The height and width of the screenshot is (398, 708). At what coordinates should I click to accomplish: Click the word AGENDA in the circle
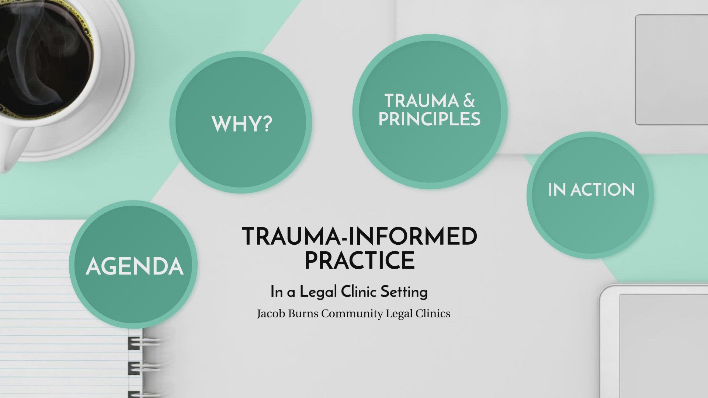coord(135,266)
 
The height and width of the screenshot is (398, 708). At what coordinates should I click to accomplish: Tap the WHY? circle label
coord(242,124)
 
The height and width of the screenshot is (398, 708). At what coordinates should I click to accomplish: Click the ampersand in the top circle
coord(469,101)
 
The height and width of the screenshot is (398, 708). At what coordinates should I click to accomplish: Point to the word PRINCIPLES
coord(430,119)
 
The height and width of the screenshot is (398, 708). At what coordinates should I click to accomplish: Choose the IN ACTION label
coord(591,190)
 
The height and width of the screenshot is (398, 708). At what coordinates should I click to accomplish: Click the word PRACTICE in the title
coord(360,260)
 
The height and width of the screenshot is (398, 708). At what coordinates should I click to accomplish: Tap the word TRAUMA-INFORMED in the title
coord(360,236)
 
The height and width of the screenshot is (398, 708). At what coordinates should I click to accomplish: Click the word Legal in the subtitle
coord(318,292)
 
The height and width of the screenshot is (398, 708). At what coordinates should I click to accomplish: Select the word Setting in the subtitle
coord(404,292)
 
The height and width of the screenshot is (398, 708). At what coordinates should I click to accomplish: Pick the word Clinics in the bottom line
coord(433,314)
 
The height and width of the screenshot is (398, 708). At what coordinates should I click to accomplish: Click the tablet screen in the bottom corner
coord(664,346)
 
